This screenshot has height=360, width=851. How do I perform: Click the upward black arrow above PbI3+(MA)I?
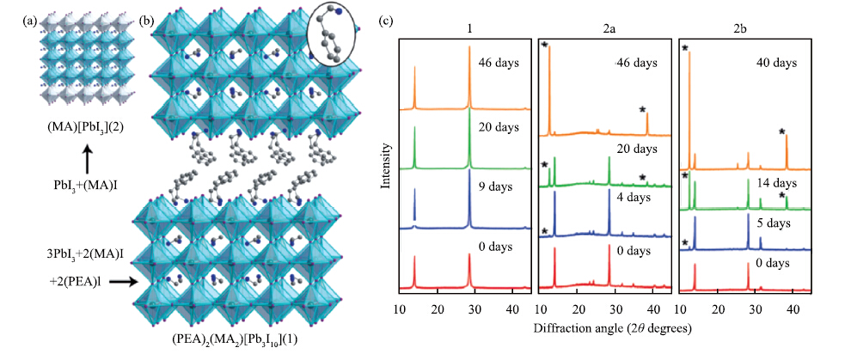click(x=86, y=160)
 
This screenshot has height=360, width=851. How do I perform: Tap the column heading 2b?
click(x=744, y=27)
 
